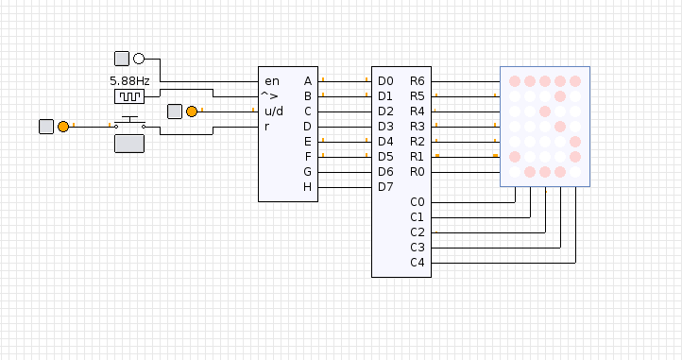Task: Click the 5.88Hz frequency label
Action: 129,81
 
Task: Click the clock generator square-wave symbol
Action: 129,96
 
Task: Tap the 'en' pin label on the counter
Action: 272,81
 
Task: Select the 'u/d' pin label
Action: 274,111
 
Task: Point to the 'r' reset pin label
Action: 266,127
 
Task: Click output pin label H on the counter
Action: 307,187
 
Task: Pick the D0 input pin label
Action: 385,81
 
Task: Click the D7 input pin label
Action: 385,187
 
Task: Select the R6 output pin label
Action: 418,81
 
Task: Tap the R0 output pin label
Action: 418,172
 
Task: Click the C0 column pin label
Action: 418,202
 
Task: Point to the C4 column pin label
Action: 418,263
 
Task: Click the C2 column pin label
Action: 418,232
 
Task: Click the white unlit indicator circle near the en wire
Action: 139,59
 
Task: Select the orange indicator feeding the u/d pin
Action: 192,111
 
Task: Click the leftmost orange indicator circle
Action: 63,127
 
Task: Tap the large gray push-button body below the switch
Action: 129,144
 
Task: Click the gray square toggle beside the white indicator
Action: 122,59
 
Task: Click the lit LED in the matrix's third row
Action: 545,111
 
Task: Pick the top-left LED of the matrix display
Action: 515,81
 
